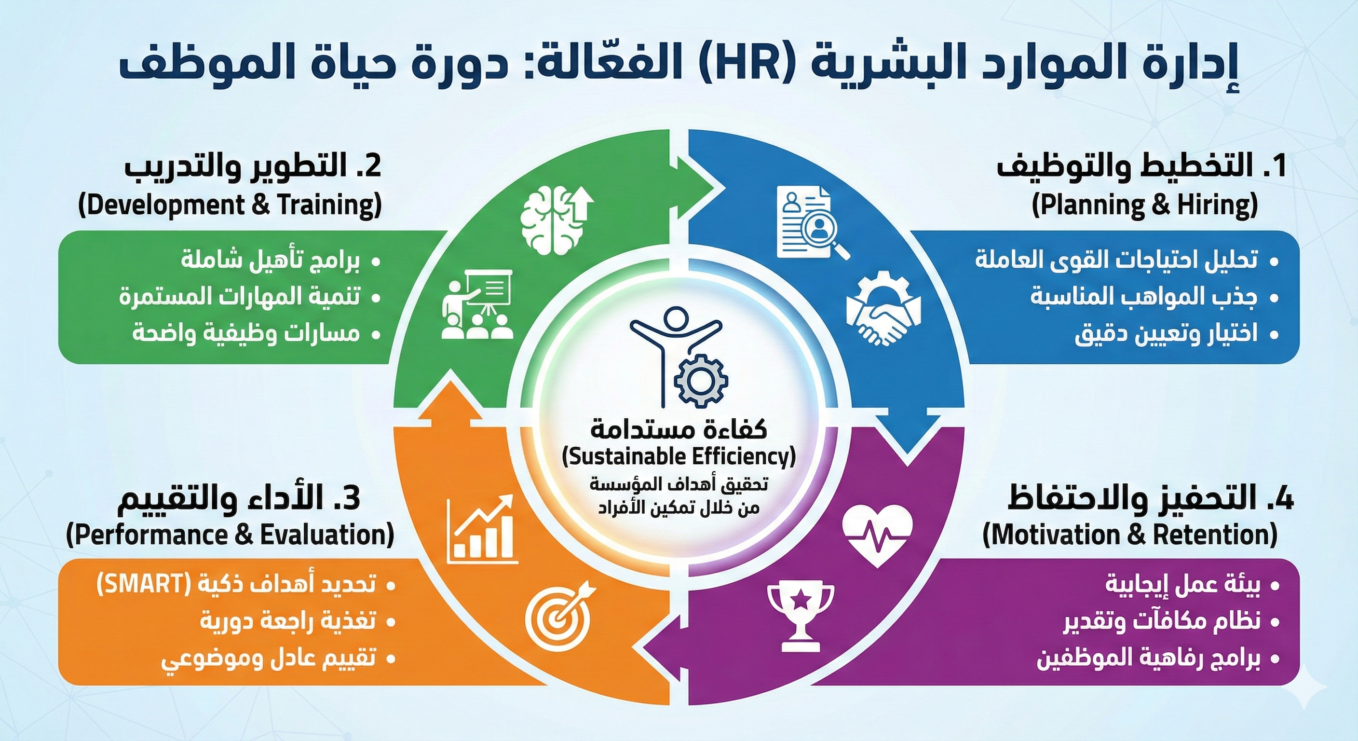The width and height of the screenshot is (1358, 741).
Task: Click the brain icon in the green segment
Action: [x=556, y=221]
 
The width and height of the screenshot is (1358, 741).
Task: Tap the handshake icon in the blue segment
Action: [x=884, y=311]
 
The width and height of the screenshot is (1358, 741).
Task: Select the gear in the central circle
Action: [x=701, y=380]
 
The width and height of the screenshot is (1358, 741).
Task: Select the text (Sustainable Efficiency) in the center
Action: [x=679, y=457]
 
